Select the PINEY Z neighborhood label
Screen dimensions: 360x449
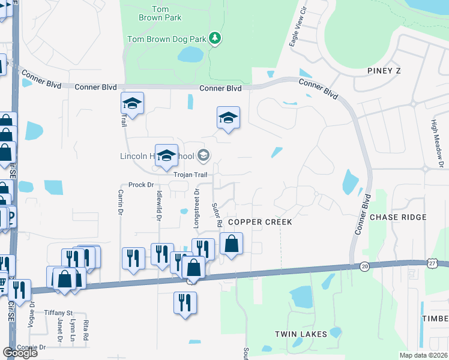click(x=384, y=71)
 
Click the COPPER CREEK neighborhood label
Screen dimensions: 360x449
click(x=259, y=222)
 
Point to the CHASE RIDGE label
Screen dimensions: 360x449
click(x=398, y=217)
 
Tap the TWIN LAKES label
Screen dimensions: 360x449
click(x=301, y=334)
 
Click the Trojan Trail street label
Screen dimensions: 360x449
click(x=190, y=175)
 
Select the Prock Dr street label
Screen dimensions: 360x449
click(x=142, y=185)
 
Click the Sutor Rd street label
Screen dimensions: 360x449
click(x=217, y=215)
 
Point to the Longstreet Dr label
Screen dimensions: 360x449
click(x=196, y=208)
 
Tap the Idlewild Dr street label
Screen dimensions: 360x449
click(x=159, y=206)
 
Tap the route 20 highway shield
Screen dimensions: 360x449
click(x=365, y=266)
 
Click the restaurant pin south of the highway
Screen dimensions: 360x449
click(x=184, y=303)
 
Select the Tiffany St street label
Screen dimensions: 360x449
click(x=58, y=313)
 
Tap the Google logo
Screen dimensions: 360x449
click(x=20, y=353)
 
